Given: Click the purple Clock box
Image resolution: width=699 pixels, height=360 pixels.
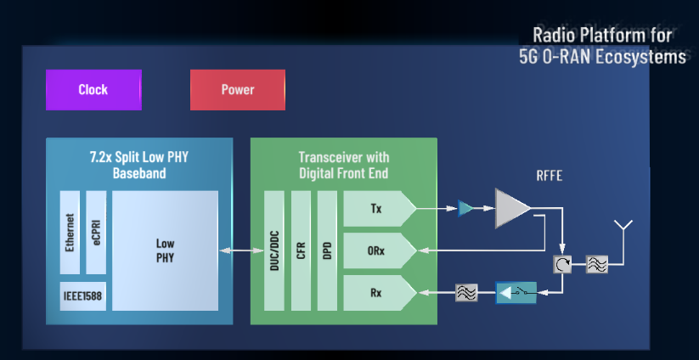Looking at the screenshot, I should [x=93, y=90].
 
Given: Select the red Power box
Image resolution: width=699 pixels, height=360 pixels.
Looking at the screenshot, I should [x=238, y=90].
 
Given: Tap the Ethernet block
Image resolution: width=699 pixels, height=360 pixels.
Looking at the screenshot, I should [x=70, y=232].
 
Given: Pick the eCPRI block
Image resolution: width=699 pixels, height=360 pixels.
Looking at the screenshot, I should [x=96, y=232].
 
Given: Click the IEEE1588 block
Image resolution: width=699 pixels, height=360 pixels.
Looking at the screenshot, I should [x=83, y=295].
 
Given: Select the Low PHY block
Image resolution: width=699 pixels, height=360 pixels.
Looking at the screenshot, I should [x=165, y=250].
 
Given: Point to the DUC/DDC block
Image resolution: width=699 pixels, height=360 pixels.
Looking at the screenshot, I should [x=273, y=250].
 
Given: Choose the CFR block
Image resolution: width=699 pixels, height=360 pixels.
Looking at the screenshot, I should [x=301, y=250].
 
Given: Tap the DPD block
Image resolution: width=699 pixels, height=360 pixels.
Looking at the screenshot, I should [x=327, y=250].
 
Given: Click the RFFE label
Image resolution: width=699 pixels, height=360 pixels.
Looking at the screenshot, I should [x=549, y=177].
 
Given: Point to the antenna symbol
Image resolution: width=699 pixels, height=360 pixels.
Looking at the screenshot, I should [x=624, y=228].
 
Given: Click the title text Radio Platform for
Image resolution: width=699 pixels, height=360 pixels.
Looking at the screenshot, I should [x=602, y=36].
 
